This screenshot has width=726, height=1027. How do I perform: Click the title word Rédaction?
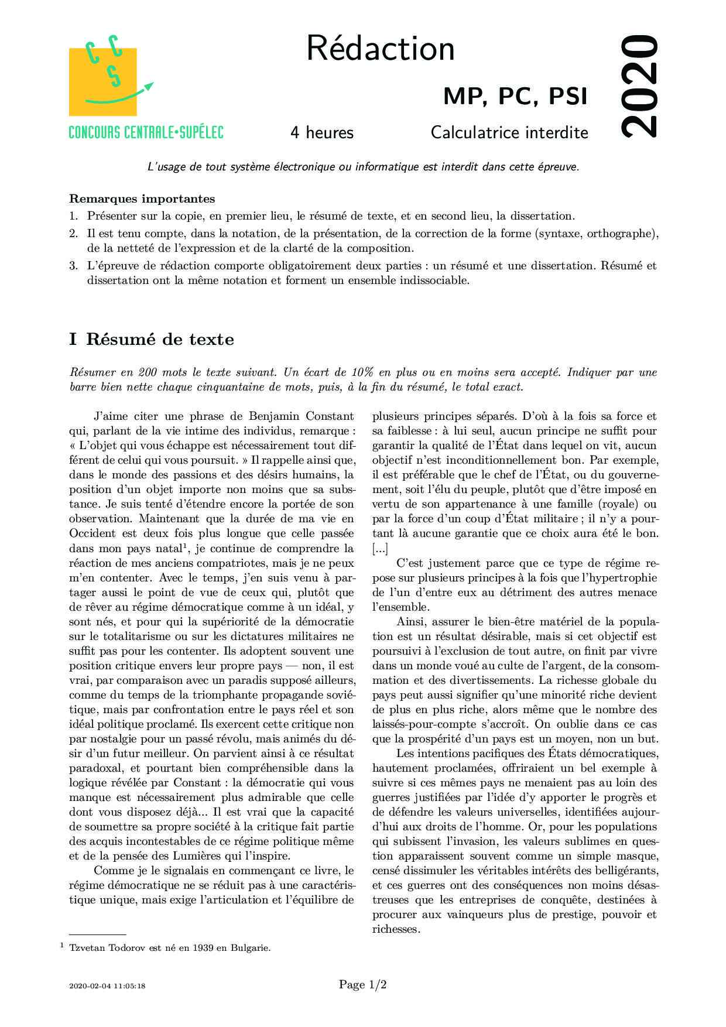point(380,49)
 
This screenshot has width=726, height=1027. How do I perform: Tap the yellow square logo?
point(102,82)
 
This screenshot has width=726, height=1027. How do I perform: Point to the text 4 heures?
point(322,133)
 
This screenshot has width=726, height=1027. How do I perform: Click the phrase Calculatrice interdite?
point(509,133)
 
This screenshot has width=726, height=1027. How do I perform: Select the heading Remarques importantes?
point(142,198)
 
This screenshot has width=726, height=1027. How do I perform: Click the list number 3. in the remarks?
point(73,265)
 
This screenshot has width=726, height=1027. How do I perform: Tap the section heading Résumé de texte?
point(160,339)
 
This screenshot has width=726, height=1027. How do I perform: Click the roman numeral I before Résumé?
point(73,339)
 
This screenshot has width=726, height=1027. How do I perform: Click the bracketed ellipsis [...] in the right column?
point(379,548)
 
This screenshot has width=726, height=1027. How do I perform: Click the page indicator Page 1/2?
point(363,985)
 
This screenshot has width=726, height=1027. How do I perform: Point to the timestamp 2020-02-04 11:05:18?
point(107,986)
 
